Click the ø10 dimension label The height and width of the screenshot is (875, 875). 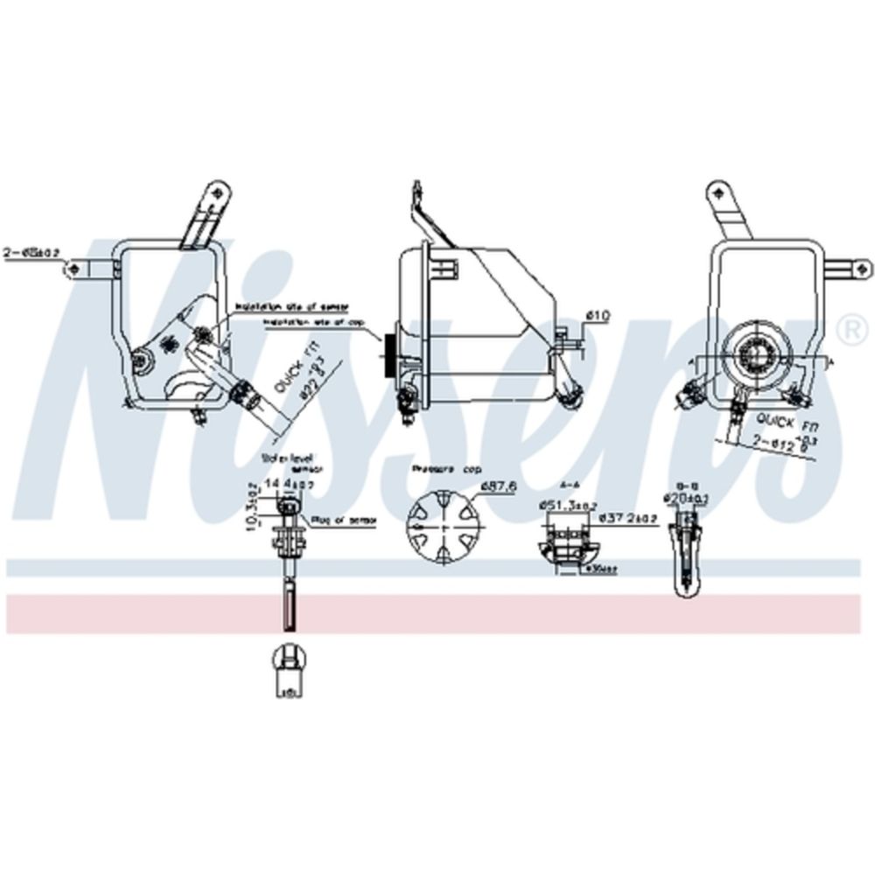tap(598, 315)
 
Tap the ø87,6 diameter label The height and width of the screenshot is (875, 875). tap(493, 487)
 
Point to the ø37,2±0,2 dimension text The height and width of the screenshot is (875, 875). tap(629, 518)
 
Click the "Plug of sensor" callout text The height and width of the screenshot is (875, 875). tap(347, 520)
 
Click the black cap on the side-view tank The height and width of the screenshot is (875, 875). tap(389, 353)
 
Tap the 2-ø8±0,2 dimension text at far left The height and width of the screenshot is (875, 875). tap(31, 252)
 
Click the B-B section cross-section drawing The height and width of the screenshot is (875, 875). tap(687, 551)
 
